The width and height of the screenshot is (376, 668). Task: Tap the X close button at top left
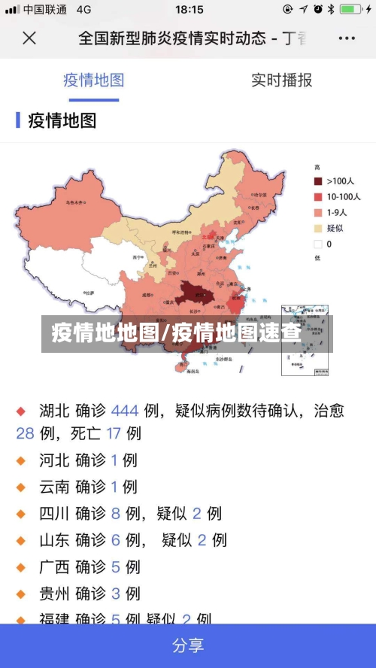tap(29, 38)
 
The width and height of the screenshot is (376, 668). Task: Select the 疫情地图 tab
tap(93, 80)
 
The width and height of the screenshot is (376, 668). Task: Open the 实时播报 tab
tap(281, 80)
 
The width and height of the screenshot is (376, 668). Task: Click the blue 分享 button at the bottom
tap(188, 645)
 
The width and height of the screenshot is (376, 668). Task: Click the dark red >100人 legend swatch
tap(318, 181)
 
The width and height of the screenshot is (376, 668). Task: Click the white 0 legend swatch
tap(318, 244)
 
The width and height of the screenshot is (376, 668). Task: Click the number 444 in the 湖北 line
tap(125, 411)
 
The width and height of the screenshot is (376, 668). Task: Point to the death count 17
tap(114, 433)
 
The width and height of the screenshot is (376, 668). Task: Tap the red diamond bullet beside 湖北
tap(21, 411)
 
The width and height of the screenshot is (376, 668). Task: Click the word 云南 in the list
tap(54, 487)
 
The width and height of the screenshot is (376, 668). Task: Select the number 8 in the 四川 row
tap(116, 514)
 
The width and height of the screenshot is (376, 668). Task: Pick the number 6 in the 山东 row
tap(116, 540)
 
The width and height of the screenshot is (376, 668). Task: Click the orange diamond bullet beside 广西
tap(21, 567)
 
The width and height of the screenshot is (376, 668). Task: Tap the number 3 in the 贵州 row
tap(116, 594)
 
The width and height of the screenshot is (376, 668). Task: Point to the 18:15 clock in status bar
tap(189, 10)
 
